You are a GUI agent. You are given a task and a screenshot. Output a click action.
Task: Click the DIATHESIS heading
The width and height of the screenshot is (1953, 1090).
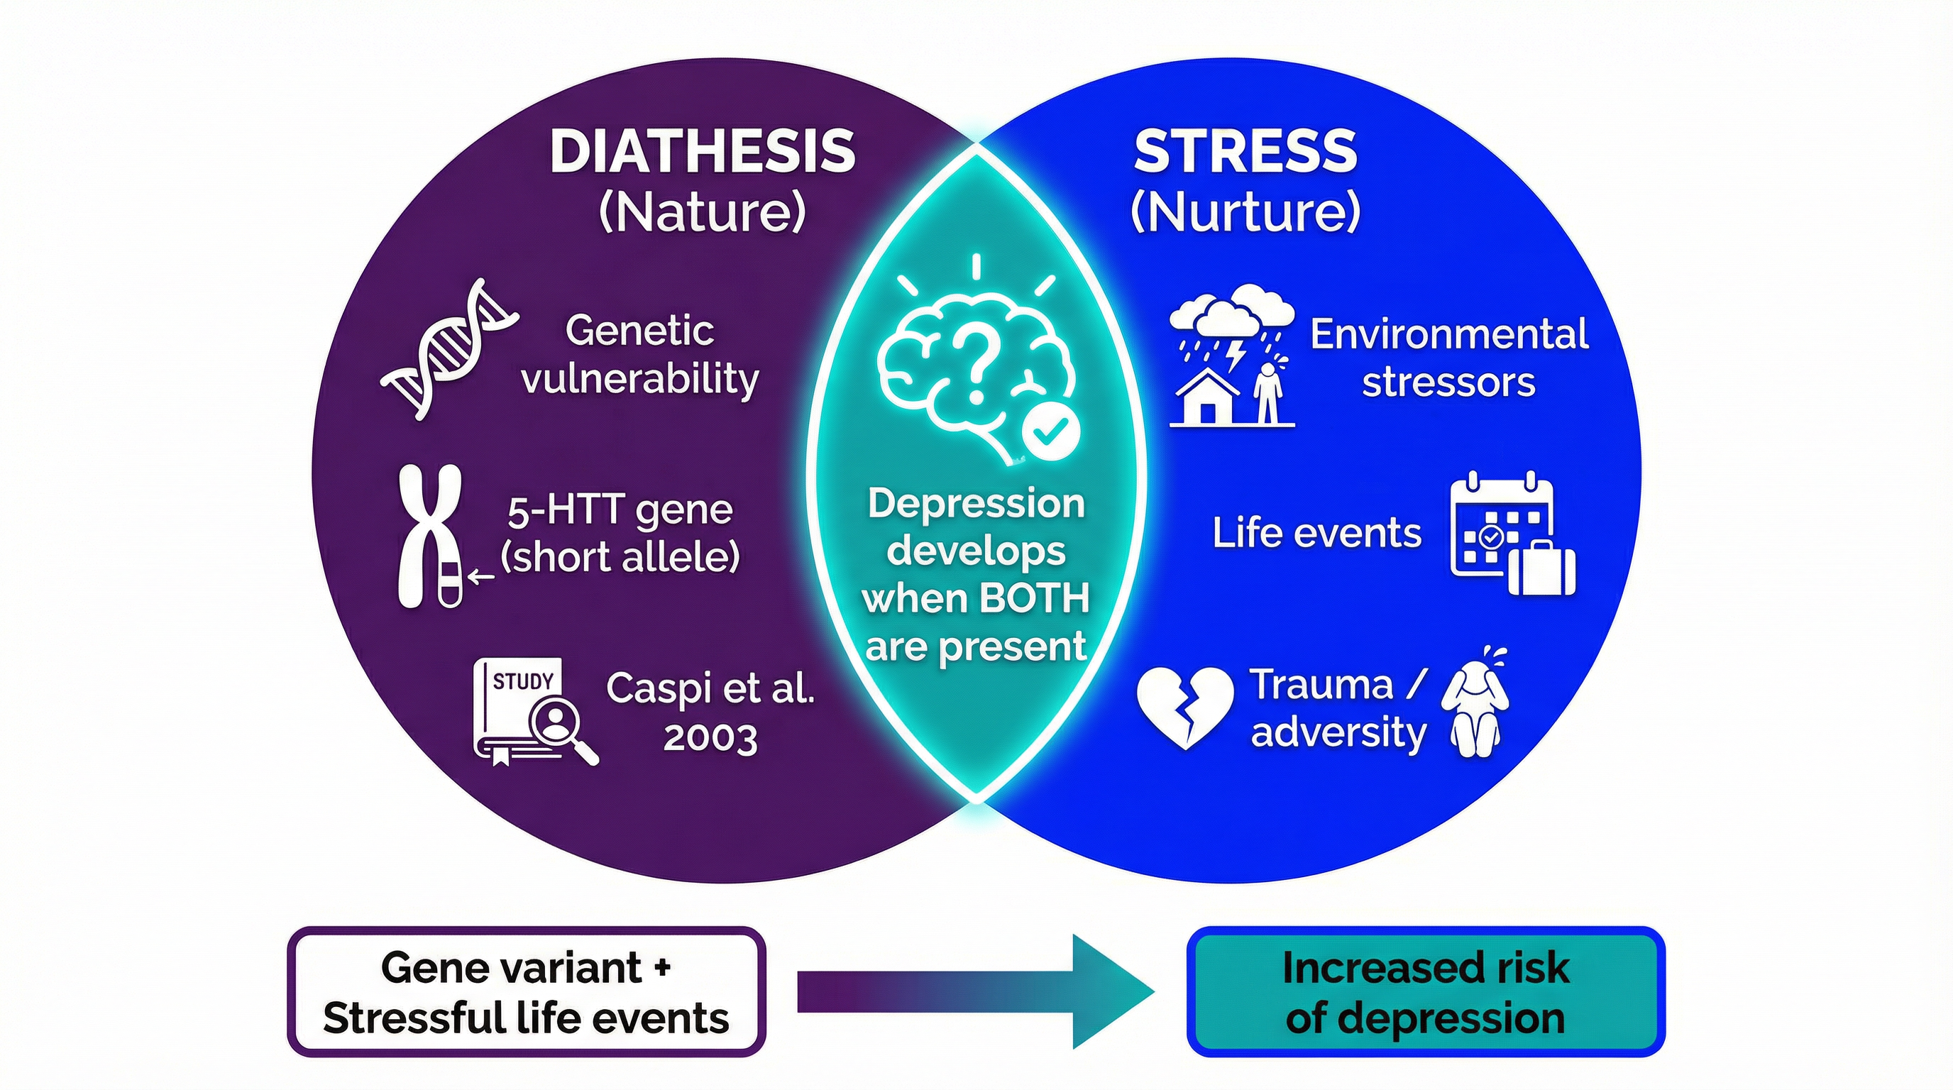coord(703,152)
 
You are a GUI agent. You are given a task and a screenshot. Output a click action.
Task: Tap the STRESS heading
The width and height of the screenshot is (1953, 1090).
coord(1245,152)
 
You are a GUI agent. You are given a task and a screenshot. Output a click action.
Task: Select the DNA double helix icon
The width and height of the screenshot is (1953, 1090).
coord(449,349)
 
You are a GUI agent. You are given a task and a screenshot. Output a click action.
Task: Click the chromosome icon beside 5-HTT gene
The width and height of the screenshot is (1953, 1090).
coord(430,535)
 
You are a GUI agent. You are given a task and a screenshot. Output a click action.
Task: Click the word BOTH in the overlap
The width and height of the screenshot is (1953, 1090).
coord(1034,599)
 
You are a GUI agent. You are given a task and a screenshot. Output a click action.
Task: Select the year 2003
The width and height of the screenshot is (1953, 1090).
coord(710,738)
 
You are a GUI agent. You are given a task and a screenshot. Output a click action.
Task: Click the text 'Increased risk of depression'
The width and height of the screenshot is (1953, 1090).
coord(1424,992)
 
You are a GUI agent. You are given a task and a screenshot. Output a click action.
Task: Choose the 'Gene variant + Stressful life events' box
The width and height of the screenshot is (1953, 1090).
coord(526,992)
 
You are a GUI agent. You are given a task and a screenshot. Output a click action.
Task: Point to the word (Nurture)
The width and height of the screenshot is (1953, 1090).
coord(1245,212)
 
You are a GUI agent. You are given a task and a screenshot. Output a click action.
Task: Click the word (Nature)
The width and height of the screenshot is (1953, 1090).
coord(702,212)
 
